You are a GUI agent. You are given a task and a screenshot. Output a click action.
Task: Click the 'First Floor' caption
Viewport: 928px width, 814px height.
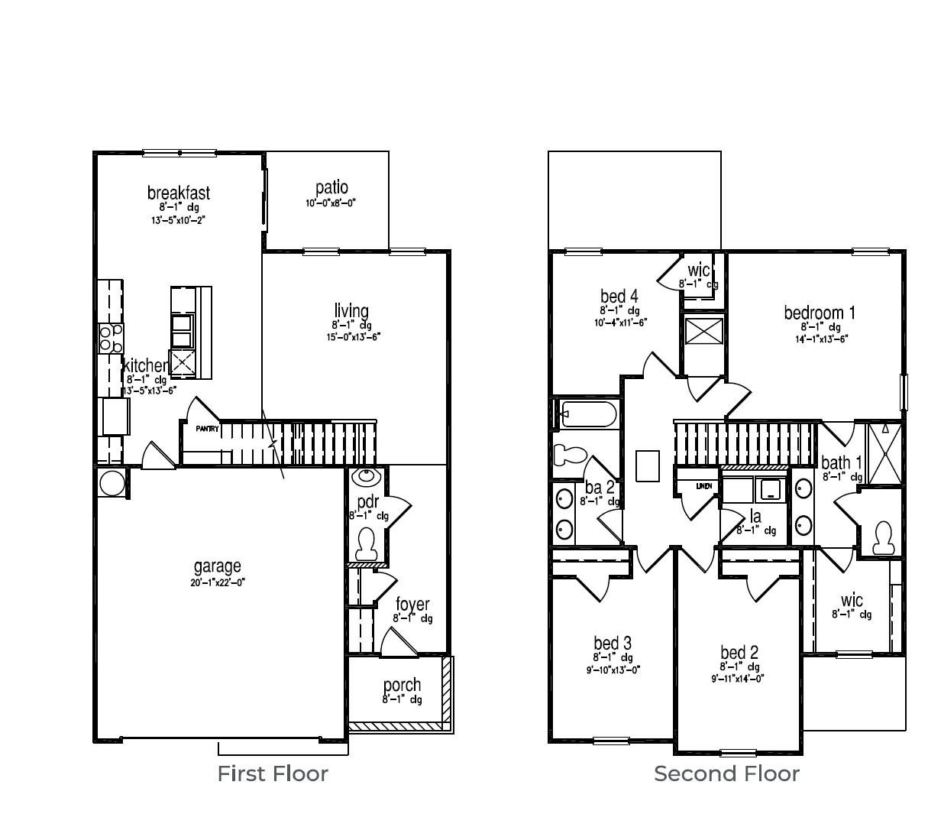273,773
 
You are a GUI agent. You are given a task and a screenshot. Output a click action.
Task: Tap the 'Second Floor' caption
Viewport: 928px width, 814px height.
726,773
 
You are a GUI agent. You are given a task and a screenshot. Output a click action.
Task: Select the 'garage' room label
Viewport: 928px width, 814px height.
217,566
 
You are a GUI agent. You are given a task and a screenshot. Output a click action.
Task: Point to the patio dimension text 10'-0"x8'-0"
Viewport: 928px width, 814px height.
331,203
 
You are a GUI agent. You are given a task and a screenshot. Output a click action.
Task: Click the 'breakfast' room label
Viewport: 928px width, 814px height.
179,193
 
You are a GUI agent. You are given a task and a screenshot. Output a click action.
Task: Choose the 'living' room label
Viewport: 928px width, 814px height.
351,311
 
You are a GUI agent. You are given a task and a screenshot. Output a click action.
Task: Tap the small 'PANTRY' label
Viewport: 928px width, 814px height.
207,429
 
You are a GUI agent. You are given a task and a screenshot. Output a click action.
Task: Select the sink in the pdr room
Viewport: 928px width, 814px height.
368,477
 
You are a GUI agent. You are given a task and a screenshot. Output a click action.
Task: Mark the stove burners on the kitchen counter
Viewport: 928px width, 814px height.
110,337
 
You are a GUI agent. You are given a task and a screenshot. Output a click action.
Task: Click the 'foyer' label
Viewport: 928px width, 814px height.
412,605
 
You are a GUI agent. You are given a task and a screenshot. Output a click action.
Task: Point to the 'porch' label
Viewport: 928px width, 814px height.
402,685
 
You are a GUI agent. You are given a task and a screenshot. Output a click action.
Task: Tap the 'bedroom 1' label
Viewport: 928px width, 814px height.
820,313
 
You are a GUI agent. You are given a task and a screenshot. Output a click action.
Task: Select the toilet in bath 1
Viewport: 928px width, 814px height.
884,537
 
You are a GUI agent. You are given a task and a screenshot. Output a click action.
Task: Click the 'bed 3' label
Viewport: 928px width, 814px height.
613,644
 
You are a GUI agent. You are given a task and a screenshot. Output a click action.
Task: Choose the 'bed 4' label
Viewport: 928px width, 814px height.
619,297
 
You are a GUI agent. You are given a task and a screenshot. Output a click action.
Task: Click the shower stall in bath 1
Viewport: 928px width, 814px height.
884,452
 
